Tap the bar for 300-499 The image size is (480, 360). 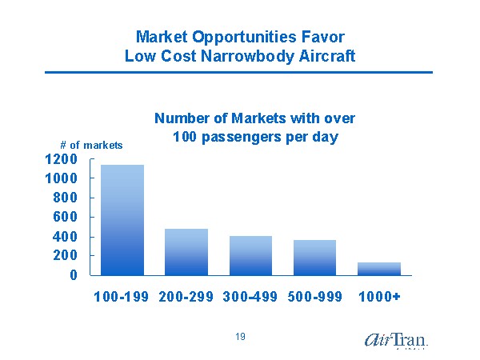pyautogui.click(x=250, y=255)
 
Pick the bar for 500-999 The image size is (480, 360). pyautogui.click(x=314, y=258)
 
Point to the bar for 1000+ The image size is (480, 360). pyautogui.click(x=379, y=269)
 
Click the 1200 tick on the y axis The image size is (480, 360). pyautogui.click(x=61, y=158)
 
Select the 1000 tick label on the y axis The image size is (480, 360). pyautogui.click(x=61, y=178)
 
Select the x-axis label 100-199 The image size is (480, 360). pyautogui.click(x=121, y=297)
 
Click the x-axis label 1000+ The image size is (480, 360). pyautogui.click(x=379, y=297)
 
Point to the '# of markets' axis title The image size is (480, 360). pyautogui.click(x=91, y=145)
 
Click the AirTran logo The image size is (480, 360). pyautogui.click(x=396, y=339)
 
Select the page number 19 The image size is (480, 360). pyautogui.click(x=240, y=337)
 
